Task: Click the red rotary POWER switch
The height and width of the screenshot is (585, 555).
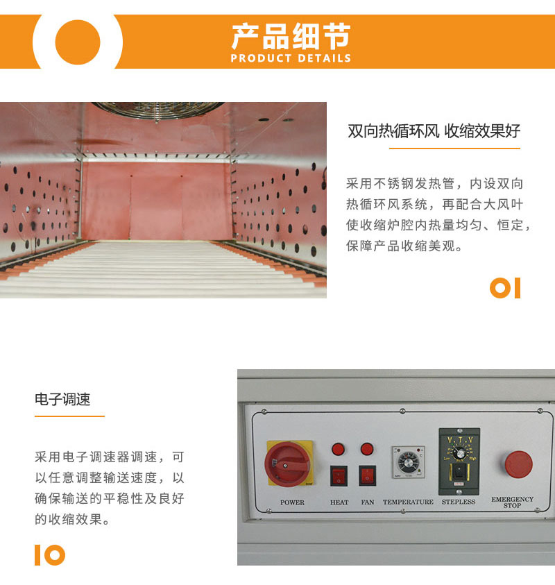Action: point(288,464)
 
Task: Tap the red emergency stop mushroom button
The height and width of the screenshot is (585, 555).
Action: point(518,464)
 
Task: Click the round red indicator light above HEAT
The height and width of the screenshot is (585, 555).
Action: point(338,449)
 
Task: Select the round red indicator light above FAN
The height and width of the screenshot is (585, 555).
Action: point(367,449)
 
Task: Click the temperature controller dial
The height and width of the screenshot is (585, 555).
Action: point(409,463)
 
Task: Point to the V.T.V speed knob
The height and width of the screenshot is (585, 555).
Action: point(459,454)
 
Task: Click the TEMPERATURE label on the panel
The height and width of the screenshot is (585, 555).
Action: point(408,502)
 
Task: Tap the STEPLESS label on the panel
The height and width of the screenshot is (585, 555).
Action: point(459,502)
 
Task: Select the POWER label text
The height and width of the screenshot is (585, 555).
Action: point(292,502)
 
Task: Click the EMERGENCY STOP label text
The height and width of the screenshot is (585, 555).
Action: point(512,502)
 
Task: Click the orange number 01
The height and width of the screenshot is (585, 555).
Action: point(505,288)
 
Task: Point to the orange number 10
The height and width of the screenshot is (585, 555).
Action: point(50,555)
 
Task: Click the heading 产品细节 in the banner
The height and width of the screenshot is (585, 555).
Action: point(291,37)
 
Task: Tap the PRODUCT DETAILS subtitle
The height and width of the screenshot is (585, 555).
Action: point(291,58)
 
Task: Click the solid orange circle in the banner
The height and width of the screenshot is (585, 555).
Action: point(78,42)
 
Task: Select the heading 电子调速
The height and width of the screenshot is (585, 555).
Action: point(62,399)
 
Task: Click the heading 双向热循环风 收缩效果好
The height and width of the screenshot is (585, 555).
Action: point(434,131)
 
